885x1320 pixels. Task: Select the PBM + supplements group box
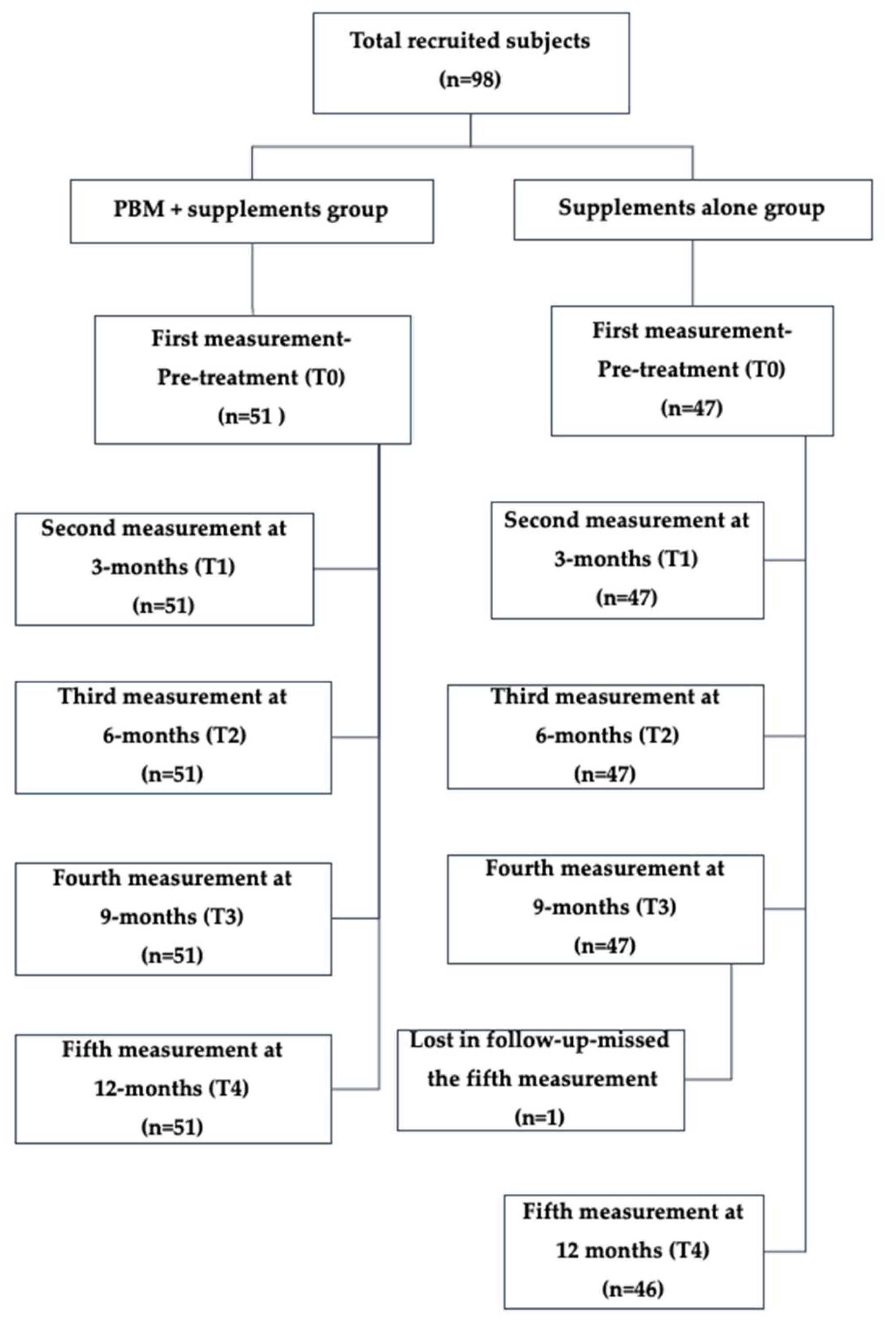252,211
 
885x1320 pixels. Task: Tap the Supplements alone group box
692,210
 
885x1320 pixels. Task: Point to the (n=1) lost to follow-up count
540,1117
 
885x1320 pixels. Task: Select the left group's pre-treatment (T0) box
252,379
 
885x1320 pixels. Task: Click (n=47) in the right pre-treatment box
691,408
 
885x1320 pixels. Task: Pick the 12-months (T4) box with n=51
173,1089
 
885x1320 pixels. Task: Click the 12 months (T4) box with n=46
633,1251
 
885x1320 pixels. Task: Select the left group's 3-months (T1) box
164,568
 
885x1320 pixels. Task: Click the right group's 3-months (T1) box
627,560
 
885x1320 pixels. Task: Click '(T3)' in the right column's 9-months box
657,907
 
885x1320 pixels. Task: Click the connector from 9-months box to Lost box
731,1022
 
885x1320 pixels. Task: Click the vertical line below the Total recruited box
471,130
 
